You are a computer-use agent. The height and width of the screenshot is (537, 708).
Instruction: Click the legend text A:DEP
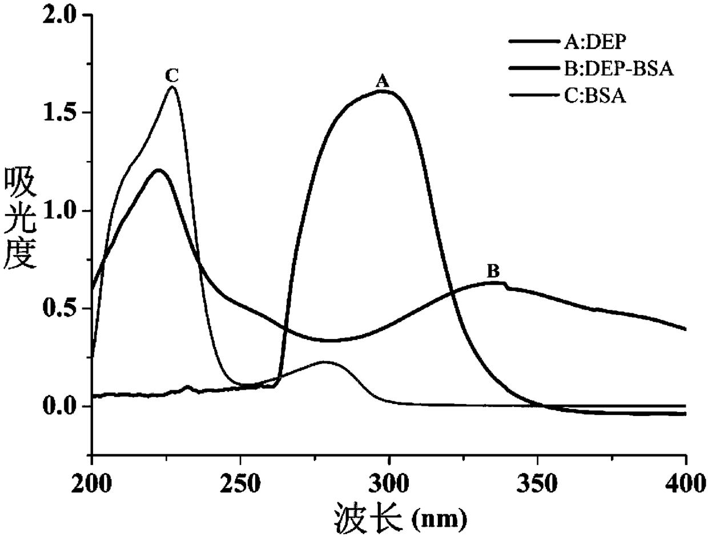point(582,41)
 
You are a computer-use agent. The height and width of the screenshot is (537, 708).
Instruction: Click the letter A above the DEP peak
point(382,82)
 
